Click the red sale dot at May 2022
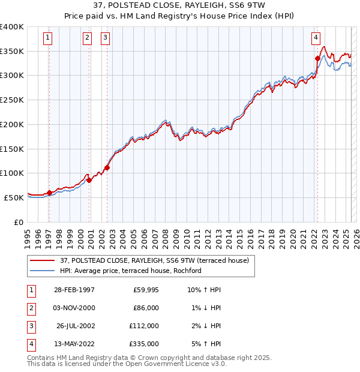[x=317, y=58]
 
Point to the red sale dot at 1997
[x=49, y=193]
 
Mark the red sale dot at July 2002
[x=107, y=167]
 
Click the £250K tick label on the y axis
[x=12, y=100]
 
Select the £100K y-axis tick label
[x=12, y=173]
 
